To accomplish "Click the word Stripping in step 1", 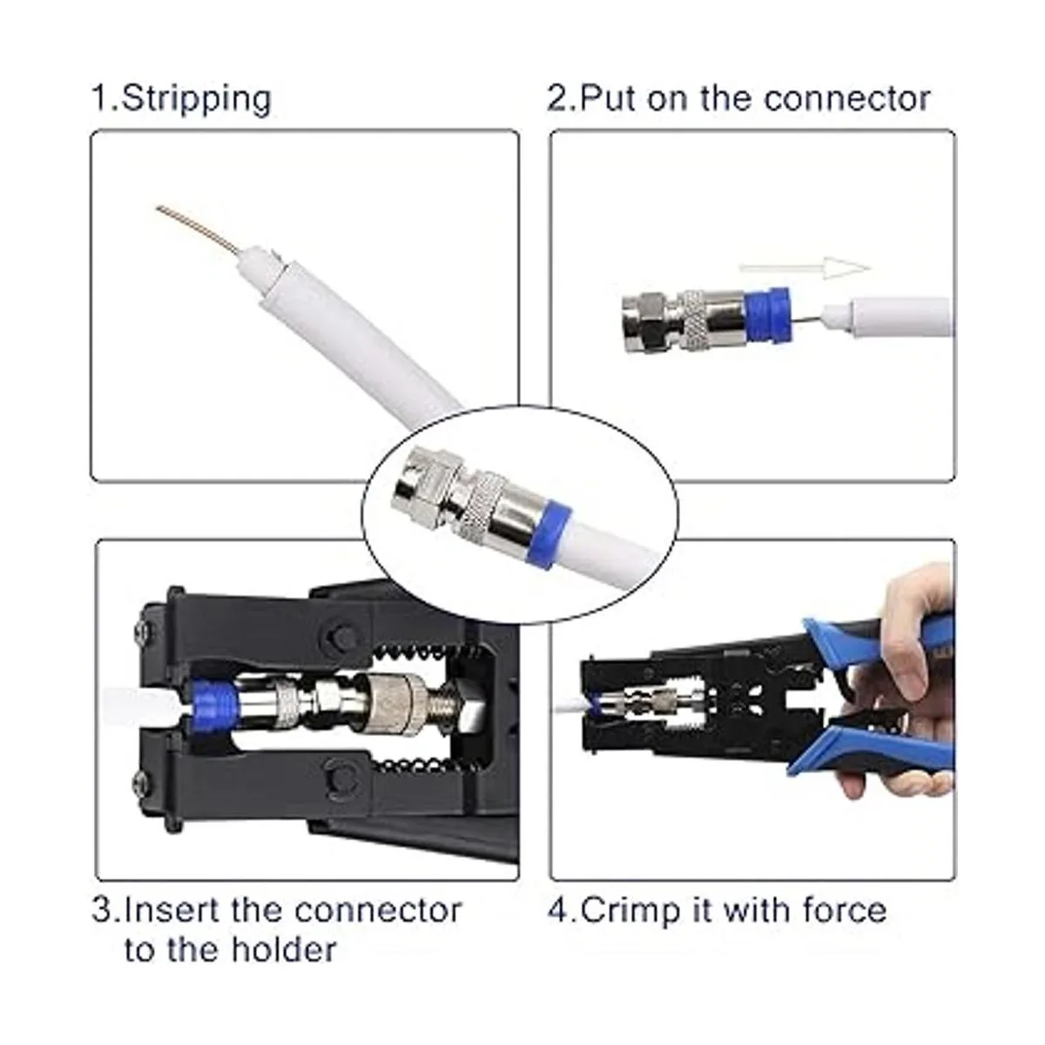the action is (x=196, y=99).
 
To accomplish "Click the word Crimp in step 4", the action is (x=630, y=911).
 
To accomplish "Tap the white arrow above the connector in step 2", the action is (x=805, y=267).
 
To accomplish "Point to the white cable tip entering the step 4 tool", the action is (x=570, y=706).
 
